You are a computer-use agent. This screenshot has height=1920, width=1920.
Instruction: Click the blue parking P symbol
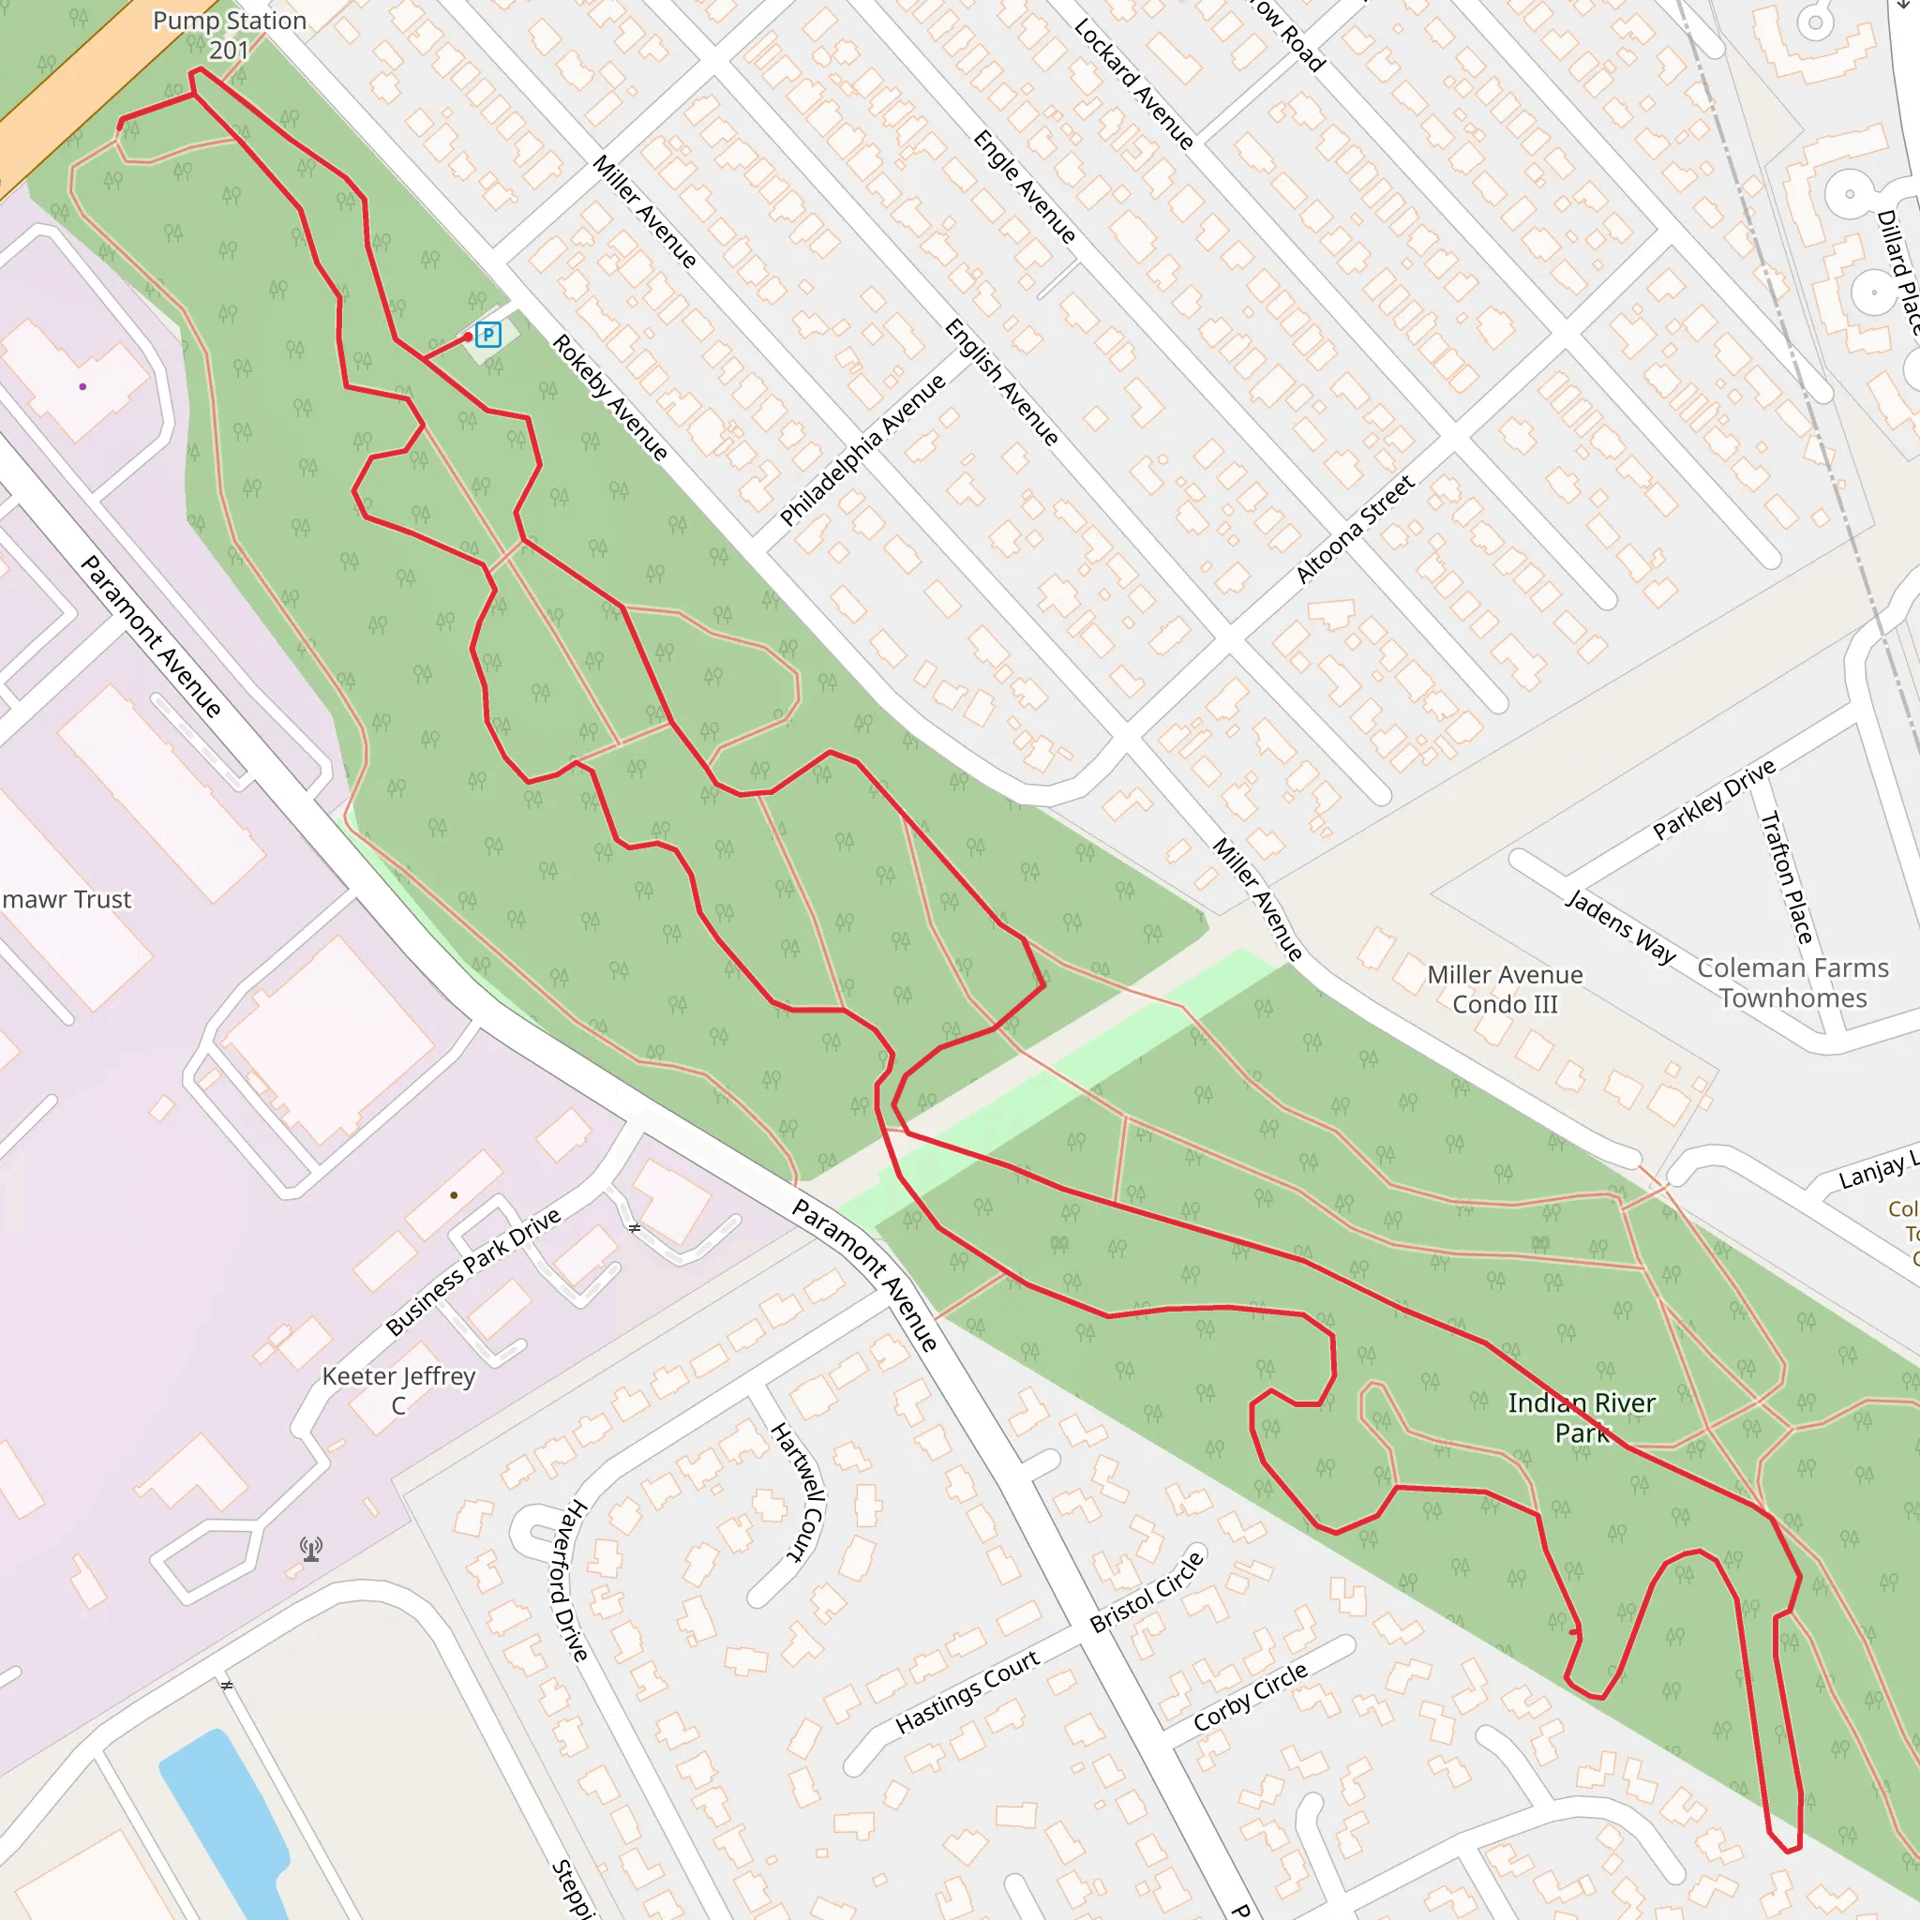pyautogui.click(x=487, y=335)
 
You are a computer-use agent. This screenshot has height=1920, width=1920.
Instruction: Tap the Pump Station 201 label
pyautogui.click(x=230, y=35)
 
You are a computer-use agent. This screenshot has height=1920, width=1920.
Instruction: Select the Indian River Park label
pyautogui.click(x=1582, y=1417)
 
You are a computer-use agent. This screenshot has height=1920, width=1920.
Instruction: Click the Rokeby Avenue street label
pyautogui.click(x=610, y=397)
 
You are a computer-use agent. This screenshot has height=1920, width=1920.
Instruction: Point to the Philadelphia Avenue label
pyautogui.click(x=862, y=450)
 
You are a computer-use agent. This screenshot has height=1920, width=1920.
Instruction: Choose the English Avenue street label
pyautogui.click(x=1000, y=382)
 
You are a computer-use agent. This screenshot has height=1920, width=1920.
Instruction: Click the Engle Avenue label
pyautogui.click(x=1025, y=187)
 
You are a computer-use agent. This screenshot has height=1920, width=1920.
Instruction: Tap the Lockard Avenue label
pyautogui.click(x=1134, y=84)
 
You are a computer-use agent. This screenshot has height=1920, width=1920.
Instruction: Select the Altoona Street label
pyautogui.click(x=1356, y=529)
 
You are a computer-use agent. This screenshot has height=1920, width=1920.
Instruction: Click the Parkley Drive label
pyautogui.click(x=1715, y=799)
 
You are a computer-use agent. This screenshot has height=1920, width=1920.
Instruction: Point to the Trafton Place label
pyautogui.click(x=1787, y=877)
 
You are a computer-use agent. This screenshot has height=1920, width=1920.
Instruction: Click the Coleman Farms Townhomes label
pyautogui.click(x=1792, y=982)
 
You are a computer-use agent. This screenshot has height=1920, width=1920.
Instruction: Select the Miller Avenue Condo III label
pyautogui.click(x=1505, y=989)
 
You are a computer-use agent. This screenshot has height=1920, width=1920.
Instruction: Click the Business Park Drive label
pyautogui.click(x=473, y=1272)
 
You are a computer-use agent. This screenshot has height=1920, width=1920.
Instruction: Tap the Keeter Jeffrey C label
pyautogui.click(x=398, y=1389)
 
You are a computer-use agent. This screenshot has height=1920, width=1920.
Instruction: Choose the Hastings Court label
pyautogui.click(x=967, y=1691)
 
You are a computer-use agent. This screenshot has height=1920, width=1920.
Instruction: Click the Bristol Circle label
pyautogui.click(x=1147, y=1592)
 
